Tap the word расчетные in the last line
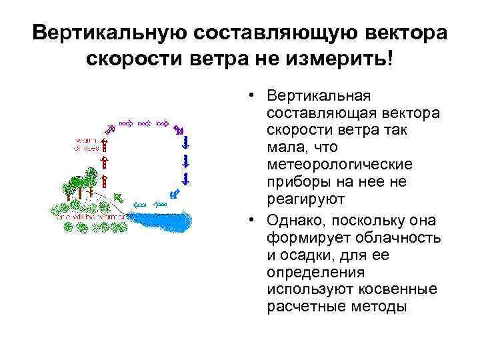[x=299, y=307]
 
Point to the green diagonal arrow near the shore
[x=118, y=197]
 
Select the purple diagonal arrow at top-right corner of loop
[x=178, y=129]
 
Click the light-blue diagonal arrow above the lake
[x=175, y=194]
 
